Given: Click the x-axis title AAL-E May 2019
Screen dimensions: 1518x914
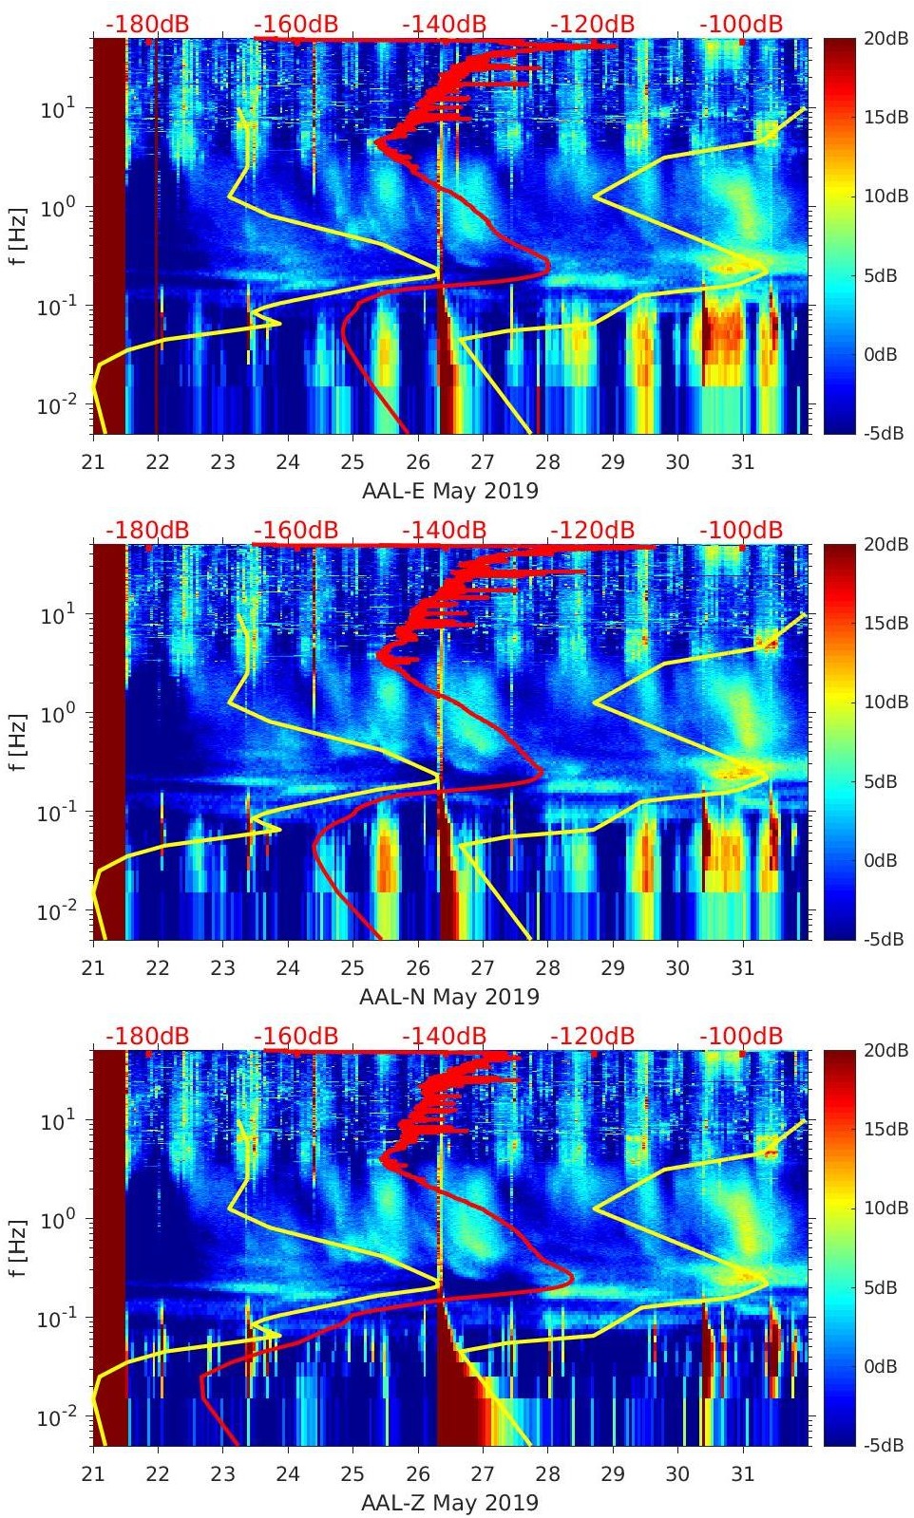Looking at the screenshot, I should click(449, 491).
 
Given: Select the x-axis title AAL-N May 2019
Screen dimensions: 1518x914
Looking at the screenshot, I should click(449, 997).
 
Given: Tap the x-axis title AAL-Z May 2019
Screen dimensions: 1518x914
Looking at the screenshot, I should click(449, 1503).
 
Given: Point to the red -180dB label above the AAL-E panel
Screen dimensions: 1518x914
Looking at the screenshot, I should click(147, 24).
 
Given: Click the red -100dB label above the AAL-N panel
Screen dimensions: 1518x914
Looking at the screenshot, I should click(741, 530).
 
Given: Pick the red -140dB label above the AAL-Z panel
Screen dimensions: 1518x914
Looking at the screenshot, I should click(445, 1036).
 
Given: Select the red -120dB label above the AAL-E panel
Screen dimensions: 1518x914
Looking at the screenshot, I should click(593, 24).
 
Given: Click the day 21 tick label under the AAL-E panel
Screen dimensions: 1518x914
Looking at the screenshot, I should click(93, 462).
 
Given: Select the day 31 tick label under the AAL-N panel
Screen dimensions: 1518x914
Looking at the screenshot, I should click(743, 968).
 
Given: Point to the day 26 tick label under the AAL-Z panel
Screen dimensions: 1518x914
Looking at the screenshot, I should click(418, 1474).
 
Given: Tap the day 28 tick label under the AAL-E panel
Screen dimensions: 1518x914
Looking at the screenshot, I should click(548, 462).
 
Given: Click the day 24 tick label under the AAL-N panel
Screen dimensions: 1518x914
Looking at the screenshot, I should click(288, 968).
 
